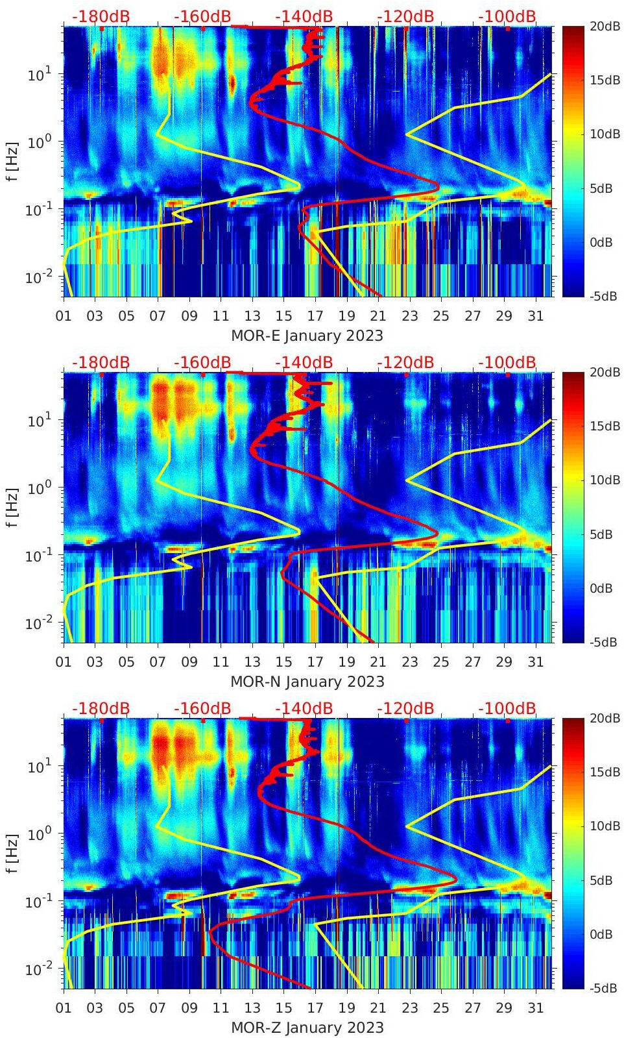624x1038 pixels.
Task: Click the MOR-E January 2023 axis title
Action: (307, 336)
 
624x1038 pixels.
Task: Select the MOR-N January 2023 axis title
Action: (307, 682)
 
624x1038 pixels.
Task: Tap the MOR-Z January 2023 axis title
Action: (307, 1028)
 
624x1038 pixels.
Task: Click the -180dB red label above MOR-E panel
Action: (101, 16)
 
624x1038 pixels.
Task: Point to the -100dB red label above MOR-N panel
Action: (507, 362)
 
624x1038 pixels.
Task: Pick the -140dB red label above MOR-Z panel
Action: (304, 708)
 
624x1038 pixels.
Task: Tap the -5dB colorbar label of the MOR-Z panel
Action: (603, 989)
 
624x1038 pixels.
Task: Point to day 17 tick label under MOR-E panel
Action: (315, 316)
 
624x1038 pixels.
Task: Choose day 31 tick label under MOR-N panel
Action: (535, 662)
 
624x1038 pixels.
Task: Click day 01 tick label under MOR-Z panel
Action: (64, 1008)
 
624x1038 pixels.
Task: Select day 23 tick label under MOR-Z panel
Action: (409, 1008)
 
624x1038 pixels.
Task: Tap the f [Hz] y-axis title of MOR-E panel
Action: (14, 161)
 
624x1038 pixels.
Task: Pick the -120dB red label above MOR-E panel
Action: (405, 16)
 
